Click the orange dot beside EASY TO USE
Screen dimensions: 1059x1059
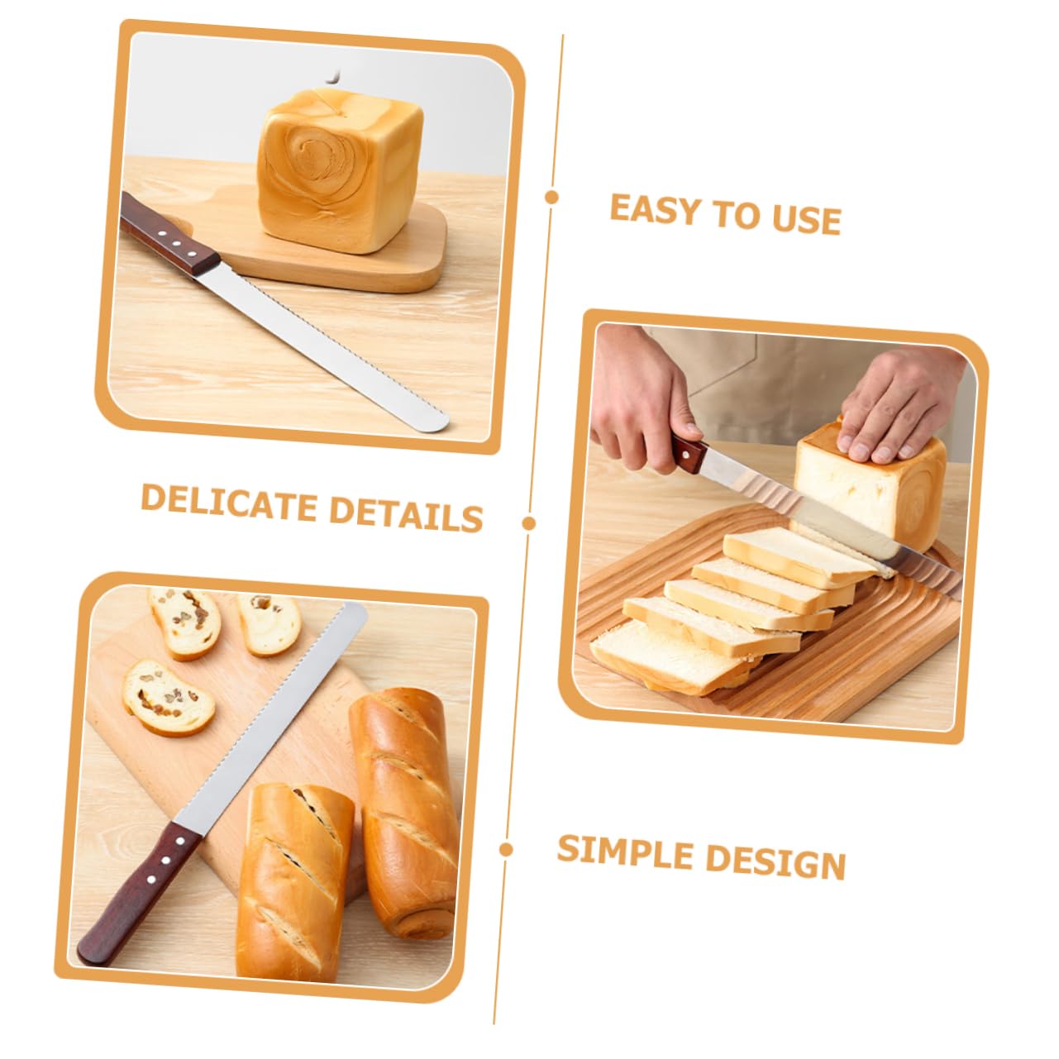[x=551, y=198]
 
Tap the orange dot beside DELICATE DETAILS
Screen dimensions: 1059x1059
[x=529, y=522]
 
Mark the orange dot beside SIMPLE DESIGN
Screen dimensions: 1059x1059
[x=506, y=849]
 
